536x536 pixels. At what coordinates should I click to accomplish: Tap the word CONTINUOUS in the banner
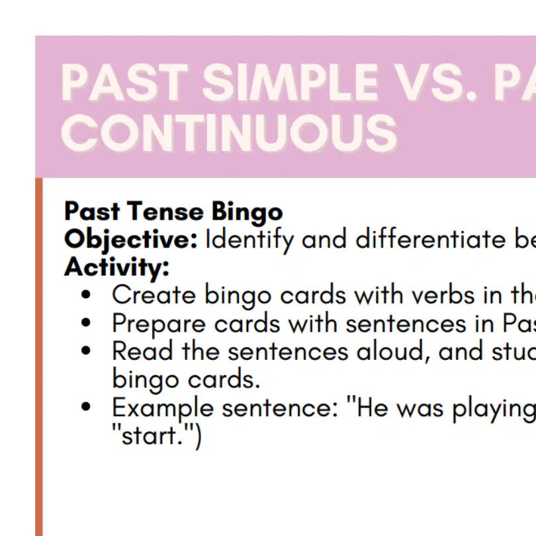(229, 132)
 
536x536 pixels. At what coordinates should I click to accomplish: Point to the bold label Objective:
(131, 240)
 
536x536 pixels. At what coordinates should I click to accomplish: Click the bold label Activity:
(116, 267)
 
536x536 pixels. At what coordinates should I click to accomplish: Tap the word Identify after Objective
(249, 240)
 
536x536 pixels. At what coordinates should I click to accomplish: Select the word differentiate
(431, 239)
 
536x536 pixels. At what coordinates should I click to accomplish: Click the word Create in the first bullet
(154, 295)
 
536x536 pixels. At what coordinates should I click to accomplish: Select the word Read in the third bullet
(142, 351)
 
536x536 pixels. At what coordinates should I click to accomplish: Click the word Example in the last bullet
(163, 408)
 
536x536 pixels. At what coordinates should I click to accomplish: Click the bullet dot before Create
(86, 294)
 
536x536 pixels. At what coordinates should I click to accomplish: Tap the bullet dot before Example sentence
(86, 407)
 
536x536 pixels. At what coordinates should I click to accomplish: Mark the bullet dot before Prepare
(86, 323)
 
